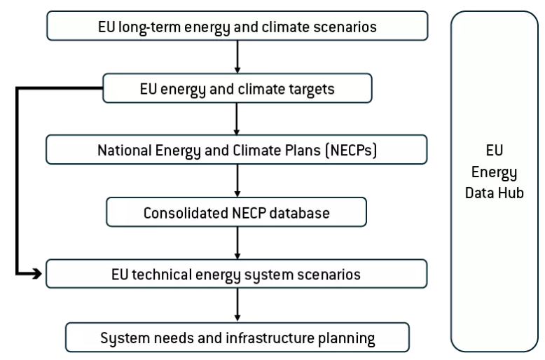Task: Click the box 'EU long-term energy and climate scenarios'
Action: point(237,28)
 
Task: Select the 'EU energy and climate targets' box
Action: point(237,88)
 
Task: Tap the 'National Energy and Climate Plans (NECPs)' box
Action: point(237,149)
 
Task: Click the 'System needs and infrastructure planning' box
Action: point(237,338)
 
